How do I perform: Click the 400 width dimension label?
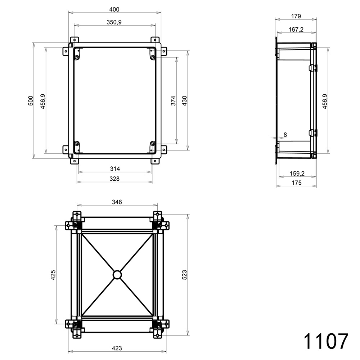point(114,9)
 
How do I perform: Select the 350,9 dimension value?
point(114,22)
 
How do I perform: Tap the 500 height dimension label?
point(31,100)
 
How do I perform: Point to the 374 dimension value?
point(173,100)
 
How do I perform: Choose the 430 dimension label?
point(184,100)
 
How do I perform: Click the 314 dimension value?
point(115,168)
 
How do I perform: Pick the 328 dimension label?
point(115,179)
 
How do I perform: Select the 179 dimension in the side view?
point(296,16)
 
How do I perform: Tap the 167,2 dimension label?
point(296,30)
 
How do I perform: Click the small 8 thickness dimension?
point(285,135)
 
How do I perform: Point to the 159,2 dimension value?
point(297,174)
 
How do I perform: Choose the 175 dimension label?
point(296,183)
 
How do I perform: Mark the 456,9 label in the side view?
point(324,102)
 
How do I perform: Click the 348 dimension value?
point(117,202)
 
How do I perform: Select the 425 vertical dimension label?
point(53,275)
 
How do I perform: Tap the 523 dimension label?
point(185,275)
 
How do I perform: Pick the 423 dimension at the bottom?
point(117,348)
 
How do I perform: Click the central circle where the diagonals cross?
point(117,275)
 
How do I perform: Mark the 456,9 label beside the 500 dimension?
point(43,102)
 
